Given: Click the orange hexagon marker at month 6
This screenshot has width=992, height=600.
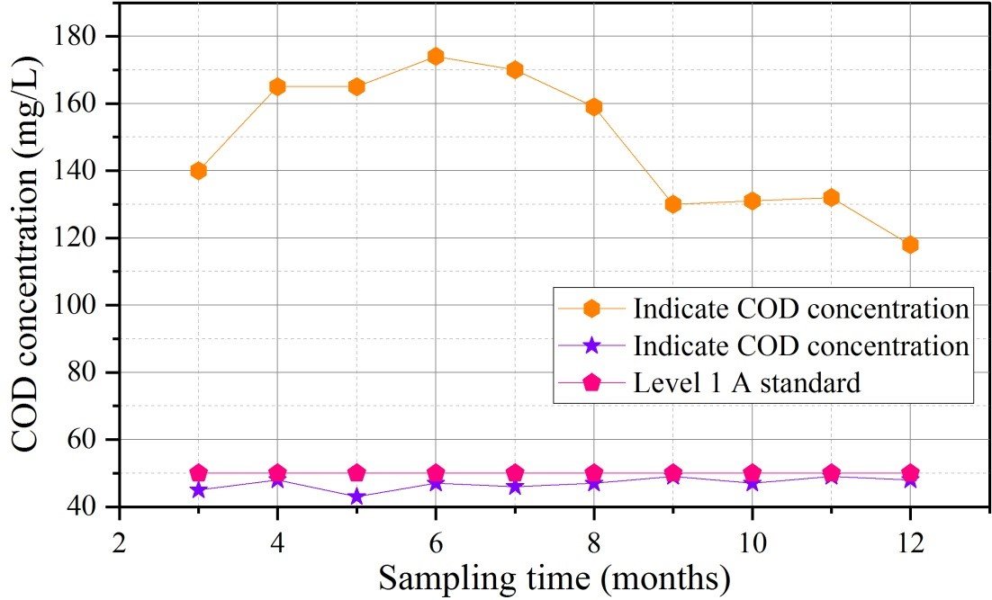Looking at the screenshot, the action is coord(436,57).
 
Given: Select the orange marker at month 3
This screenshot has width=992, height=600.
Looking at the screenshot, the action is coord(198,171).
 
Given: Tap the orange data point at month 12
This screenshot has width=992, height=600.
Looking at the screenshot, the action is coord(910,245).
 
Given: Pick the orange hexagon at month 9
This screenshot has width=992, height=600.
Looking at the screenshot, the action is coord(672,204).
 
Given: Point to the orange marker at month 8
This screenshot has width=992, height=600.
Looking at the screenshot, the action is coord(593,107).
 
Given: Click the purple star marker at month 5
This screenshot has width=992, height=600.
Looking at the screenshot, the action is coord(356,497).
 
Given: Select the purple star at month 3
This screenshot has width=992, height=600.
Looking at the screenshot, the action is coord(198,490).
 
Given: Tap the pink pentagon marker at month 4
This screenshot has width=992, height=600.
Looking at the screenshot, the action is coord(277,472).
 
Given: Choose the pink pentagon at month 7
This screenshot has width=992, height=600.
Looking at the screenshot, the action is coord(514,472).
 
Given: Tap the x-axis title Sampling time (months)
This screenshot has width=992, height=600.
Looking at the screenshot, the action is coord(555,578).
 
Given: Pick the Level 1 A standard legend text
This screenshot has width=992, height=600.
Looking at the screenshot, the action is coord(746,382).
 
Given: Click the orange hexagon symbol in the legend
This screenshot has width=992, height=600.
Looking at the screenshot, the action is coord(591,309).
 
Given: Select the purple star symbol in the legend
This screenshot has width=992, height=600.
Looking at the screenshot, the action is coord(591,345).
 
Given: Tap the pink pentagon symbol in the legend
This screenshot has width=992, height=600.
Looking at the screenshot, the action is coord(591,382).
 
